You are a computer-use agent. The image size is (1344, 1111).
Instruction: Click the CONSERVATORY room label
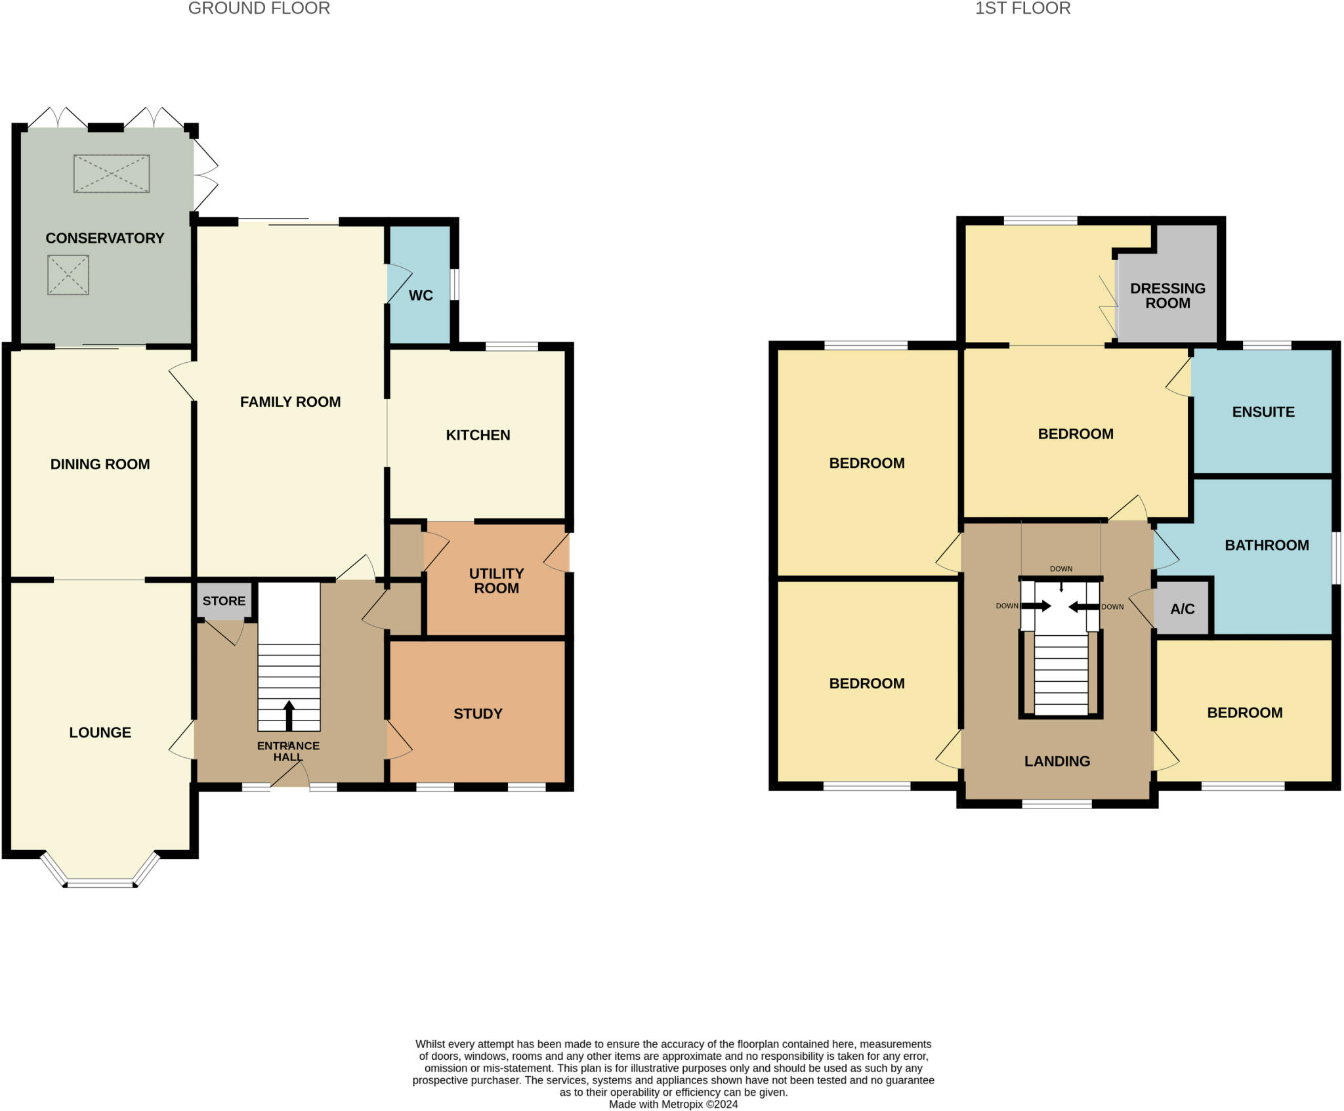point(105,238)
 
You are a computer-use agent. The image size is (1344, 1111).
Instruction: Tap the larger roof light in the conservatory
point(112,174)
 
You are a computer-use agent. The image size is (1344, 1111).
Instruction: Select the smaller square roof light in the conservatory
point(68,275)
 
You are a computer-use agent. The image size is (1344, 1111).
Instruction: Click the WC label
point(421,295)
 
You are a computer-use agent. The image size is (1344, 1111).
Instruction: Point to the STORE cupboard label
point(224,601)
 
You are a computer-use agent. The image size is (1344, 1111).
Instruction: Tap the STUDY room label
point(478,714)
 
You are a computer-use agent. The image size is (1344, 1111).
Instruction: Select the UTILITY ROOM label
point(496,581)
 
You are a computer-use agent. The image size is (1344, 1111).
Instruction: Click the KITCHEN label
point(478,435)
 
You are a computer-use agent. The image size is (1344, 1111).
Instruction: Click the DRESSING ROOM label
point(1167,296)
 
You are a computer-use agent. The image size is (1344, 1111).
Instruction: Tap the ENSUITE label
point(1263,412)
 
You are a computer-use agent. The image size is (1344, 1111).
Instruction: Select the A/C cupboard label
point(1183,609)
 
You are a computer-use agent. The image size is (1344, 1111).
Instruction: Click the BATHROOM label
point(1267,545)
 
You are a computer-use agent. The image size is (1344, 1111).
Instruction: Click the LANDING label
point(1057,761)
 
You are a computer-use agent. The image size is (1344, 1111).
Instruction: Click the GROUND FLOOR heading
point(259,9)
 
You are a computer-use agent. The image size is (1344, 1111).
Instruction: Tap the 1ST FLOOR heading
point(1022,9)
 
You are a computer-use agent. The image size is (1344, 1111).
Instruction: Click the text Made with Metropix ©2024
point(673,1104)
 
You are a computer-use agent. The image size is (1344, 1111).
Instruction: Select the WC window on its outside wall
point(454,284)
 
